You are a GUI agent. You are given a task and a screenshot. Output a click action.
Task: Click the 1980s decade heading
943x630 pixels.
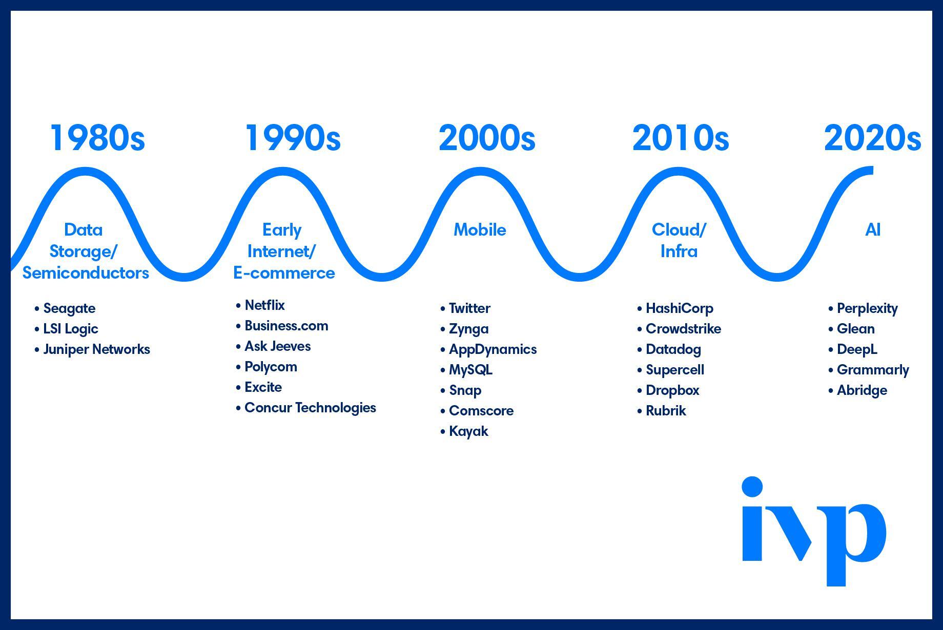pyautogui.click(x=97, y=138)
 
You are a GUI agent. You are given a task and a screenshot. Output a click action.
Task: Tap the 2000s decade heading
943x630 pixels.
pyautogui.click(x=487, y=138)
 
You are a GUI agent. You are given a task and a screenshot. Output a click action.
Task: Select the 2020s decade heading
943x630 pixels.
pyautogui.click(x=872, y=138)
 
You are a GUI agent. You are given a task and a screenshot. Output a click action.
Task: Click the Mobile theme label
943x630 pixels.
pyautogui.click(x=480, y=230)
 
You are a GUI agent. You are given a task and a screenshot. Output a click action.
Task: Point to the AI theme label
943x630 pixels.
pyautogui.click(x=873, y=230)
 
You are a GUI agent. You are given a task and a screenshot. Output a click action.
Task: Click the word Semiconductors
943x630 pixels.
pyautogui.click(x=86, y=273)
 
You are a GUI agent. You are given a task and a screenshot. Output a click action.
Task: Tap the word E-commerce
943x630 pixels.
pyautogui.click(x=284, y=273)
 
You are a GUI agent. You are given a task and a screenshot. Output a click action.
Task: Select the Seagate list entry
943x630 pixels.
pyautogui.click(x=69, y=309)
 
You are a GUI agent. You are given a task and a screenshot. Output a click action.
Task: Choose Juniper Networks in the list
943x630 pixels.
pyautogui.click(x=96, y=349)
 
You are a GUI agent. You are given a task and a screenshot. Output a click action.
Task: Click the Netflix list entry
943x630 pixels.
pyautogui.click(x=264, y=305)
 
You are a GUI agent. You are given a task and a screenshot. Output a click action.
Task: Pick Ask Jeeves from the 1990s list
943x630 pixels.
pyautogui.click(x=277, y=346)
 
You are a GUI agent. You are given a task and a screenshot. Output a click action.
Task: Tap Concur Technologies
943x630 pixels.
pyautogui.click(x=310, y=408)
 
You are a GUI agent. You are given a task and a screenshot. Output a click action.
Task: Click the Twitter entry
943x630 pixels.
pyautogui.click(x=469, y=308)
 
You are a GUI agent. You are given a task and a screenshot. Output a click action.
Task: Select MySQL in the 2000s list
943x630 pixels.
pyautogui.click(x=470, y=370)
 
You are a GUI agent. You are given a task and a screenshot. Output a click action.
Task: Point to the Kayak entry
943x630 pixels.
pyautogui.click(x=468, y=432)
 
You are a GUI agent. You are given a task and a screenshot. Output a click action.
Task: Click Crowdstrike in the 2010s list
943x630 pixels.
pyautogui.click(x=683, y=329)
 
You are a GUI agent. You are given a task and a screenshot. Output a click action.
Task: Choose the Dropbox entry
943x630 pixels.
pyautogui.click(x=672, y=391)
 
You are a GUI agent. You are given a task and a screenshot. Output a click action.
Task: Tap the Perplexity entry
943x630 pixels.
pyautogui.click(x=867, y=309)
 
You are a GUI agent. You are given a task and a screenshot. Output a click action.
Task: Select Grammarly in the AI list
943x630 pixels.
pyautogui.click(x=873, y=370)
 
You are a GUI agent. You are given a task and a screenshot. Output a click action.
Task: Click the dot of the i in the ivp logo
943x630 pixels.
pyautogui.click(x=752, y=487)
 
